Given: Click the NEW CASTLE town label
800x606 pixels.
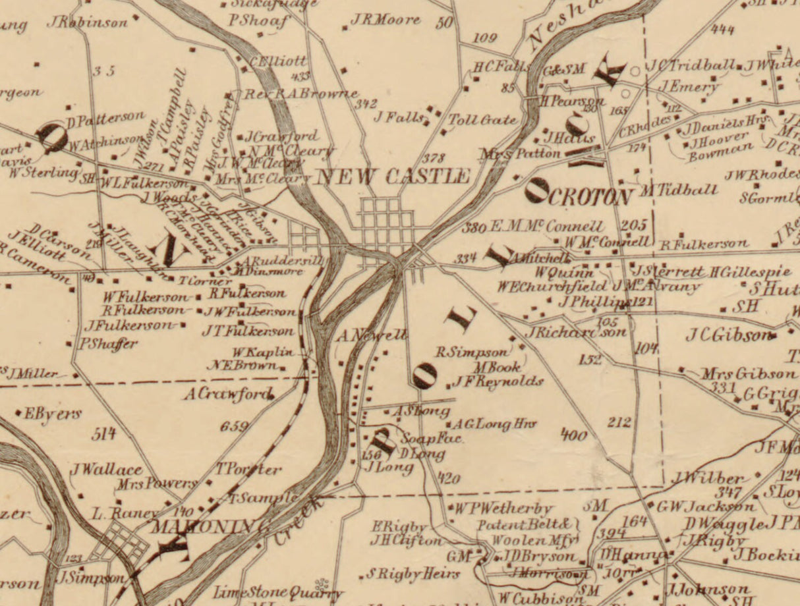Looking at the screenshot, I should click(x=393, y=177).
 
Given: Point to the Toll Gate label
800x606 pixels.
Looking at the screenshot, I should click(x=482, y=120).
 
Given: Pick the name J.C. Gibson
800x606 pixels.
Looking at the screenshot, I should click(x=729, y=335).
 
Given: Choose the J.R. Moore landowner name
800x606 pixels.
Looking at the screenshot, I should click(x=385, y=20).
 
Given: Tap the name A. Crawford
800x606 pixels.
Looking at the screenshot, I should click(x=227, y=395).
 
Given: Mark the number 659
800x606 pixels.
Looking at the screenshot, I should click(x=234, y=426).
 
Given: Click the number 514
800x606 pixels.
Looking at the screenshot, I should click(x=104, y=433).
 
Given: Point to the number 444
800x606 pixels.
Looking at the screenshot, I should click(x=722, y=29).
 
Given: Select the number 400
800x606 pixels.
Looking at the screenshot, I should click(x=574, y=434).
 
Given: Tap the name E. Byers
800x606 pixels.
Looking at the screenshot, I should click(x=52, y=414).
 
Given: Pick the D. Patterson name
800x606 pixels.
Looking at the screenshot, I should click(x=105, y=118).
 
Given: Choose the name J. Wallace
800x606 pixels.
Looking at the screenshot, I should click(x=106, y=469).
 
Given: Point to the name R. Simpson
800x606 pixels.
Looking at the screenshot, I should click(x=472, y=352).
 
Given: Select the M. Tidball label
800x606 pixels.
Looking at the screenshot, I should click(x=678, y=190).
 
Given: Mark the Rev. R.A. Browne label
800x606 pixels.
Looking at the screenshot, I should click(x=302, y=94).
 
